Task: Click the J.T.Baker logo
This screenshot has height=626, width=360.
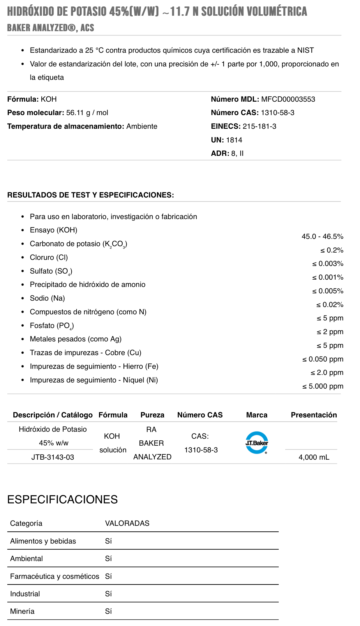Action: point(257,442)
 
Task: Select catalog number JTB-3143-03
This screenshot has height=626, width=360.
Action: point(53,457)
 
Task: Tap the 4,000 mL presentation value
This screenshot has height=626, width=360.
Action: point(314,457)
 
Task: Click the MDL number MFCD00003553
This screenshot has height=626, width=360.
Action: point(288,99)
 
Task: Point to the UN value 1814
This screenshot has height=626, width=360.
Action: point(234,140)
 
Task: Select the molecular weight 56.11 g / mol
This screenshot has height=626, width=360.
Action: point(87,113)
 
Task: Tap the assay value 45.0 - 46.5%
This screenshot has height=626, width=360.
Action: point(322,237)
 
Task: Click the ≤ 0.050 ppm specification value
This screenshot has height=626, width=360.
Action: point(323,359)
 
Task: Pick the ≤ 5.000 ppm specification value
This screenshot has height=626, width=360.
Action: point(323,386)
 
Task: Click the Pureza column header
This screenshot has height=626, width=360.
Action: point(152,415)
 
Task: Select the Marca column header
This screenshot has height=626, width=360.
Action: point(257,415)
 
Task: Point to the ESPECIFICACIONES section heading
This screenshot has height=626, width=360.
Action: point(62,500)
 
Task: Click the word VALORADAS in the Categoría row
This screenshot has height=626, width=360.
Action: point(127,523)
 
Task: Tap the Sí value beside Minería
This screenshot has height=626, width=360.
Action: point(108,611)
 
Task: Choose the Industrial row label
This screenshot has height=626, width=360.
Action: point(25,594)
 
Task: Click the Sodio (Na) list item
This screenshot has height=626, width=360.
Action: point(47,298)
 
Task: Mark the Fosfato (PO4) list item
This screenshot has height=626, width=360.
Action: point(52,326)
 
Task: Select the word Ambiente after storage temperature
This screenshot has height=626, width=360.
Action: point(142,126)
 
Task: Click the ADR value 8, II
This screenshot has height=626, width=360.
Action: point(237,154)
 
